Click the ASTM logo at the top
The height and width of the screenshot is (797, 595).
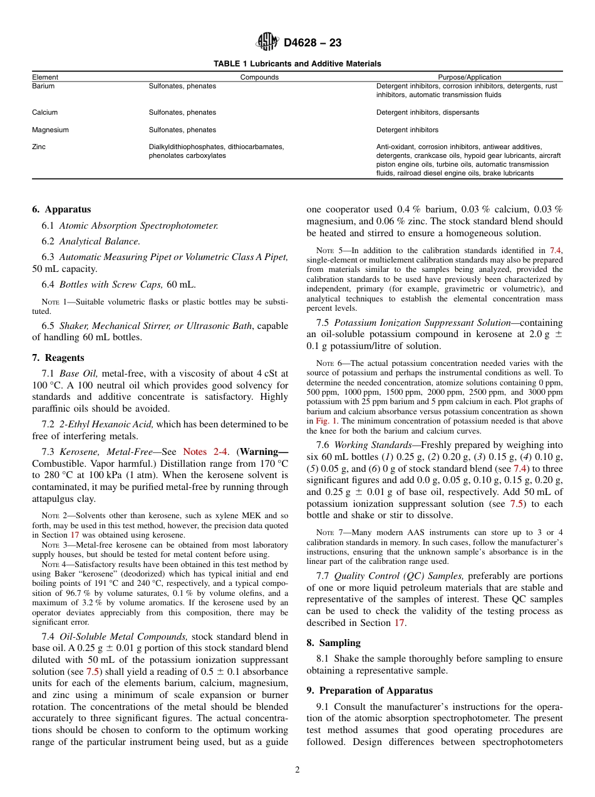tap(268, 43)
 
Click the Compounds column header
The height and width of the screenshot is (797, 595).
tap(259, 77)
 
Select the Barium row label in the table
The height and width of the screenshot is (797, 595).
tap(43, 86)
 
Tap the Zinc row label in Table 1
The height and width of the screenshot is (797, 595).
tap(39, 147)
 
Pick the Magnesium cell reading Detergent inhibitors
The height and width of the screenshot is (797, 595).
tap(407, 130)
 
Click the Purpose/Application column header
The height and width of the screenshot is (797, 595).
tap(469, 77)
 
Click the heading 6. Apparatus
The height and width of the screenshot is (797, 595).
tap(61, 209)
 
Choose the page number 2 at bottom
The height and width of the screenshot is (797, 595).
tap(297, 770)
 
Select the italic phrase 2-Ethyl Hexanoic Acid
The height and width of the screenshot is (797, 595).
tap(106, 424)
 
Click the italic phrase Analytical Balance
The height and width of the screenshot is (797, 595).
tap(100, 241)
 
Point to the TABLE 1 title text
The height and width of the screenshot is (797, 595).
tap(297, 64)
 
